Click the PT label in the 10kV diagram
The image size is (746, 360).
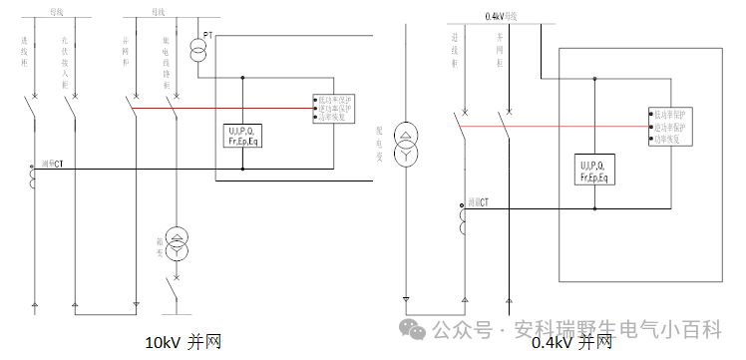208,35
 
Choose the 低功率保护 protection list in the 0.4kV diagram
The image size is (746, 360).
670,128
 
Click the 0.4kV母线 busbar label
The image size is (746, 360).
503,16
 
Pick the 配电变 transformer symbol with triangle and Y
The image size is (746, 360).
405,145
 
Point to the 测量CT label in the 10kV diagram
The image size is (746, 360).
52,163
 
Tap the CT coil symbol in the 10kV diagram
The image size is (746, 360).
35,178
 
